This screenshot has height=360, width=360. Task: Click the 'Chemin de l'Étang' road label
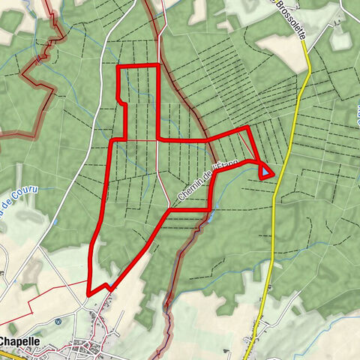(197, 182)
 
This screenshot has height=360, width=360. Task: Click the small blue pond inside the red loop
(266, 173)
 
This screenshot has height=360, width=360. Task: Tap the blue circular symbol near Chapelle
(58, 322)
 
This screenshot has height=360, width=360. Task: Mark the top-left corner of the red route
(118, 67)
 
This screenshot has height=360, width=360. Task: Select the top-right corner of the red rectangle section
(158, 67)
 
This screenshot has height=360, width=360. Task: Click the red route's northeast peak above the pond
(247, 129)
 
